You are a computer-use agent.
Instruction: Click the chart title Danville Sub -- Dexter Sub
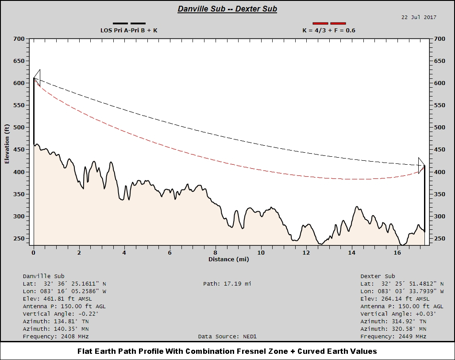click(x=227, y=9)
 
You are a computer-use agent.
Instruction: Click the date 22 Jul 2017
click(x=419, y=17)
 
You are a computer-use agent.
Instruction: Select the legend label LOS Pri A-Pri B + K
click(x=129, y=31)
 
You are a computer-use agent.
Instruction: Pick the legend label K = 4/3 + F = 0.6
click(x=329, y=31)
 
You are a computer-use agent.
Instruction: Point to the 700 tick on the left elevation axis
click(x=20, y=39)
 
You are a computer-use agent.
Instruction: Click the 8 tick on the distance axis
click(x=216, y=252)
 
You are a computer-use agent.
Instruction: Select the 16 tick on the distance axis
click(x=397, y=252)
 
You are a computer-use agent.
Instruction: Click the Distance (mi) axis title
click(x=228, y=259)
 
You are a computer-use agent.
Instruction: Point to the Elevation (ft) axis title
click(x=7, y=144)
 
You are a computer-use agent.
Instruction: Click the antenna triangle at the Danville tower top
click(x=37, y=78)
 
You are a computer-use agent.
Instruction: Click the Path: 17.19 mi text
click(x=227, y=283)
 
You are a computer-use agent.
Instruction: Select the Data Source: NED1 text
click(x=227, y=337)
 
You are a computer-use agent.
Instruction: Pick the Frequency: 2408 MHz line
click(x=56, y=337)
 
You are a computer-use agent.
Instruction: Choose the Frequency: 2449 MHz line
click(x=393, y=337)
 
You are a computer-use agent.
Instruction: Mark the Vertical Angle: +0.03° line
click(x=398, y=314)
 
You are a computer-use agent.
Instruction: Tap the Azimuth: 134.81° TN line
click(x=56, y=321)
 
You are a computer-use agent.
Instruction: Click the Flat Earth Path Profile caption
click(x=227, y=351)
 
